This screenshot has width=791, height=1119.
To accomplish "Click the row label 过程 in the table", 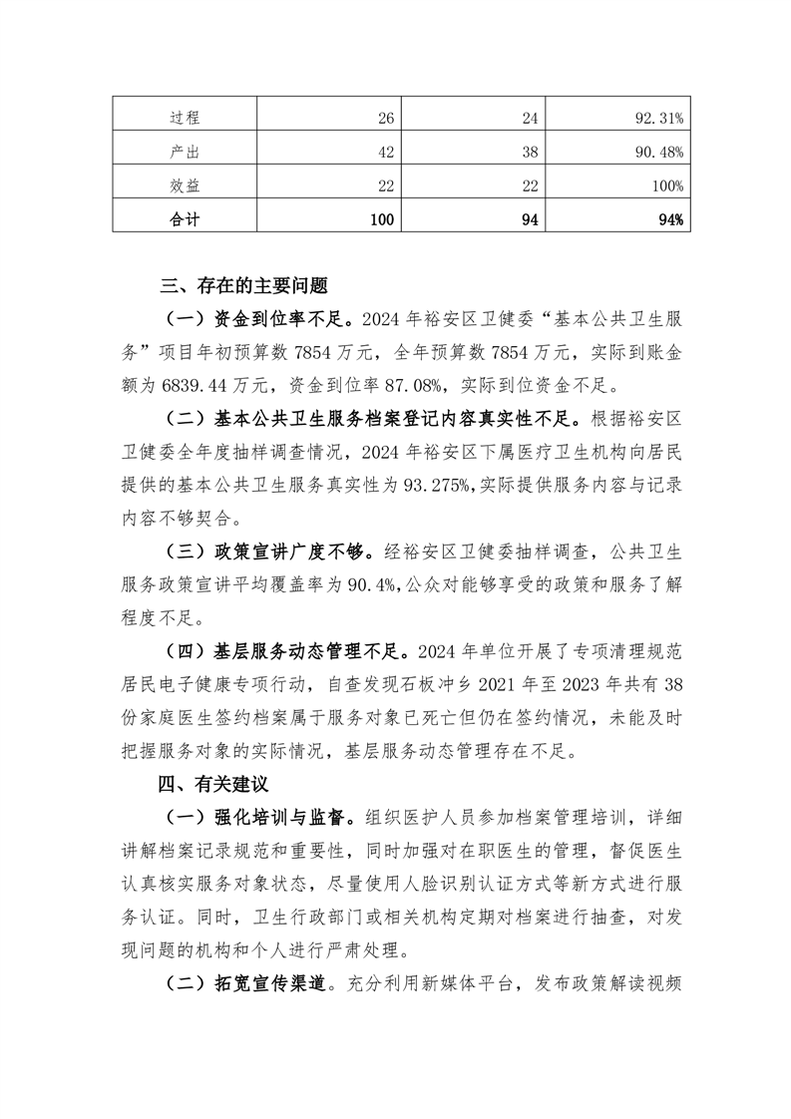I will [x=185, y=118].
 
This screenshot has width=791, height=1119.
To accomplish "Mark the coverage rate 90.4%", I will [x=372, y=581].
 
